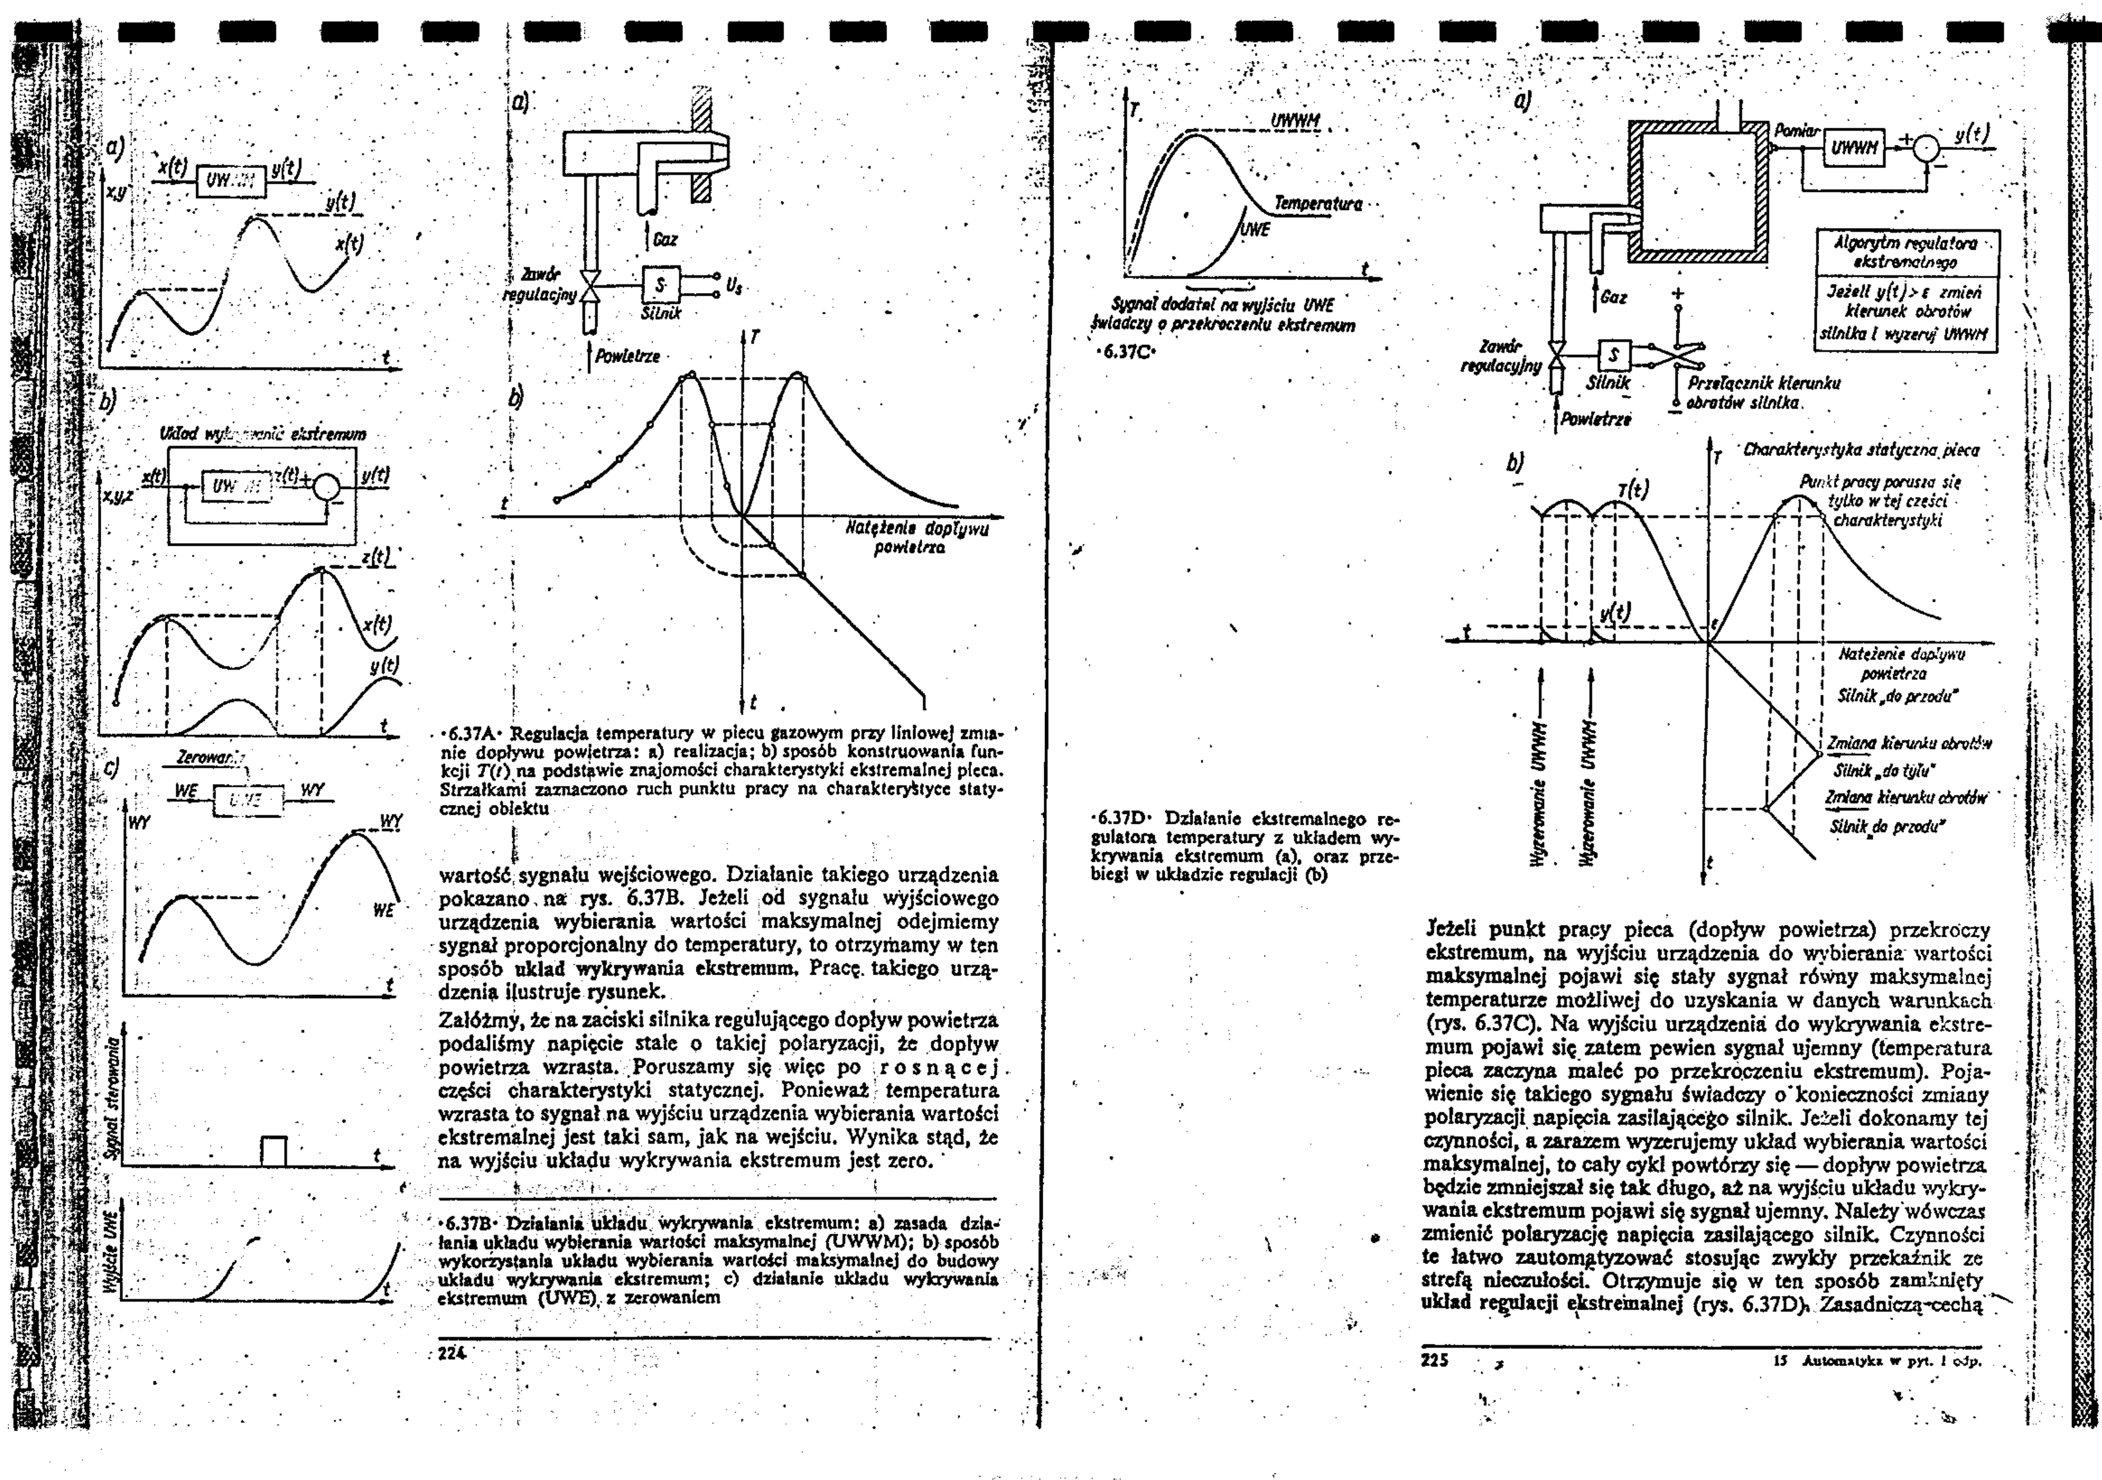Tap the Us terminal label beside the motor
(733, 286)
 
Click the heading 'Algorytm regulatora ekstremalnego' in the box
(1907, 253)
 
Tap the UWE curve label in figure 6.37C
(1256, 230)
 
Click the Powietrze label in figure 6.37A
(627, 356)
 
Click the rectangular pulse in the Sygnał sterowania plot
(274, 1150)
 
